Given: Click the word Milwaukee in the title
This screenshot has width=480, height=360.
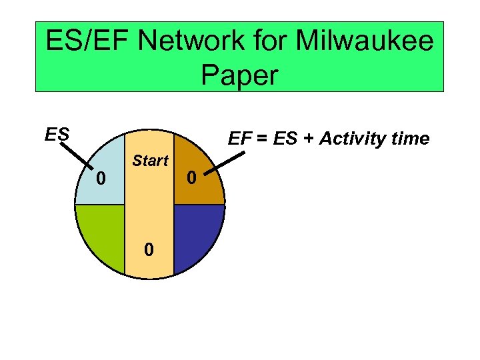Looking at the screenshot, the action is click(364, 42).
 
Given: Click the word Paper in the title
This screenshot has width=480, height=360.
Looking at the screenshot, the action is click(239, 75).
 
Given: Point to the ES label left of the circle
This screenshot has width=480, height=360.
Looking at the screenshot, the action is click(57, 135).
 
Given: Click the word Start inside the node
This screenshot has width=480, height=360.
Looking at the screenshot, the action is click(150, 161).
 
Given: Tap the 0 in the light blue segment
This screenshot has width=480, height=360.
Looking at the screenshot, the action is click(100, 178).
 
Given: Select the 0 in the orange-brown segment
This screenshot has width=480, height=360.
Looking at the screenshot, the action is click(191, 178).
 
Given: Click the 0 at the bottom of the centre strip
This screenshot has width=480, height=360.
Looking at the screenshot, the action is click(150, 249).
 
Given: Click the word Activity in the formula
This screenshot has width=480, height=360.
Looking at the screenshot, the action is click(349, 139).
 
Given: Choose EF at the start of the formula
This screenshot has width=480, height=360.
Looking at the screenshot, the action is click(239, 139).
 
